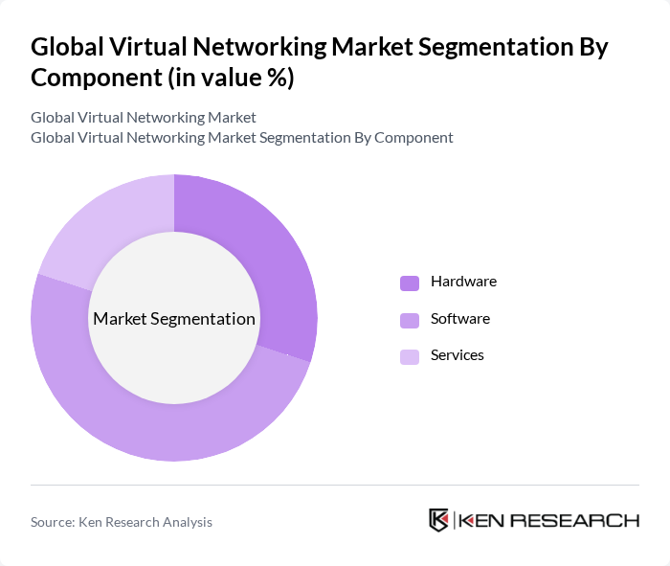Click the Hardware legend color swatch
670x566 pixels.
click(410, 283)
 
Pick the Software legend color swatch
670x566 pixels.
click(410, 319)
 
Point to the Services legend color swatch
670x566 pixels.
click(410, 356)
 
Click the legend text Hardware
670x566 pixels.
click(463, 282)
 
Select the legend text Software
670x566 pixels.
click(459, 318)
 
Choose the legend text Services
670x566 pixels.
click(457, 354)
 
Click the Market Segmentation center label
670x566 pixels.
click(174, 319)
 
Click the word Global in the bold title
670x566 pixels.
click(66, 47)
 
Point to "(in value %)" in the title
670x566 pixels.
click(231, 79)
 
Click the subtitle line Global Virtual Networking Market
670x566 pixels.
click(144, 118)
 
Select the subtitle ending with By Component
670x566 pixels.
click(242, 137)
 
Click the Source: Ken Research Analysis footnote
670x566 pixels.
click(122, 522)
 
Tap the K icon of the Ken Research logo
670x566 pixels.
click(439, 520)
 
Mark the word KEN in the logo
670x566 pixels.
click(482, 520)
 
